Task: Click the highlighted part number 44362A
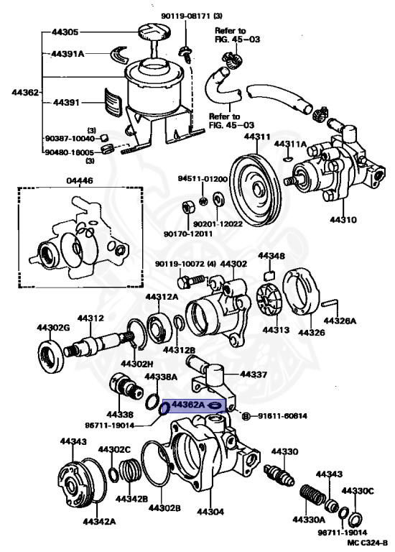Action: point(186,405)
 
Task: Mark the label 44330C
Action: point(358,490)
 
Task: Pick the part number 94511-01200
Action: point(203,178)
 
